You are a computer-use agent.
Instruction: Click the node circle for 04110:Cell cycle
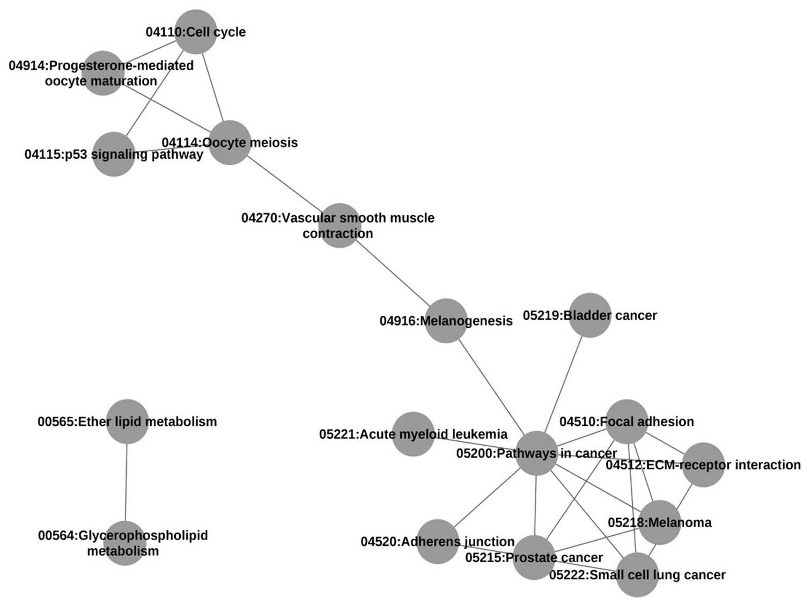pos(196,32)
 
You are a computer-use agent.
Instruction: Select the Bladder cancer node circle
pos(590,315)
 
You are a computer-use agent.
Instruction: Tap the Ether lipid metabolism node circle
pos(127,422)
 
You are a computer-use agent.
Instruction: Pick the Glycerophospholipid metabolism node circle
pos(125,543)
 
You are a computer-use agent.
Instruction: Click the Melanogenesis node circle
pos(446,321)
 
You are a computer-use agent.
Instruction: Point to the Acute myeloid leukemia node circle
pos(413,434)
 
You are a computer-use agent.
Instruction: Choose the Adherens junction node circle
pos(438,542)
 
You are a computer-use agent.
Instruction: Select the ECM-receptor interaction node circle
pos(703,465)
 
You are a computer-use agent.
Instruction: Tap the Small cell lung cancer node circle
pos(637,575)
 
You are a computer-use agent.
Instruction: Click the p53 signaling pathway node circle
pos(114,154)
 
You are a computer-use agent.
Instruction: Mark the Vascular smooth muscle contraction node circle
pos(340,225)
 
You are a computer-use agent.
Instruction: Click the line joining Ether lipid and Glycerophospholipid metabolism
pos(126,483)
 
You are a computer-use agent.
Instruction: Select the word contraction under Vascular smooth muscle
pos(337,234)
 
